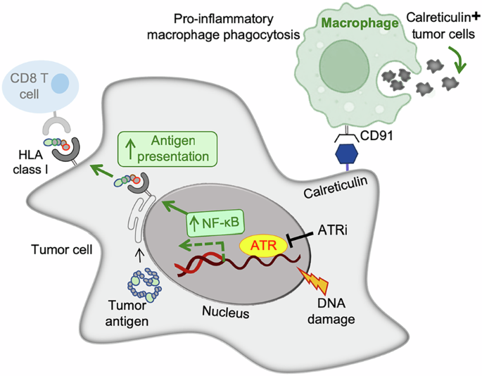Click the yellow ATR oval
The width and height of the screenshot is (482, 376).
[x=263, y=245]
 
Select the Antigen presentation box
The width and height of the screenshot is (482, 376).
[x=167, y=149]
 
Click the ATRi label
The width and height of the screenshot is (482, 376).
[x=332, y=230]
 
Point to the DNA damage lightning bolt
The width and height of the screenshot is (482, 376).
[x=314, y=280]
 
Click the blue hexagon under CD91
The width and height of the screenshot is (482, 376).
[x=346, y=153]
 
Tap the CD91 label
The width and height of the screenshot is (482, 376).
[x=376, y=136]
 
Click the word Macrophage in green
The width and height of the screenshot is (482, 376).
[x=360, y=23]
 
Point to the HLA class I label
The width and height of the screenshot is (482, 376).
[x=30, y=162]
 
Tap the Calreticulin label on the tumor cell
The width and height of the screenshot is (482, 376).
[x=336, y=187]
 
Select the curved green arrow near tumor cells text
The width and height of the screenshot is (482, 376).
[x=457, y=59]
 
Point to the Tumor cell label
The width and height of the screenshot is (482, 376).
[x=61, y=249]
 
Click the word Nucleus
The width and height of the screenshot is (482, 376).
[x=226, y=312]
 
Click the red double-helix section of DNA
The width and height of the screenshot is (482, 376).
[x=198, y=264]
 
